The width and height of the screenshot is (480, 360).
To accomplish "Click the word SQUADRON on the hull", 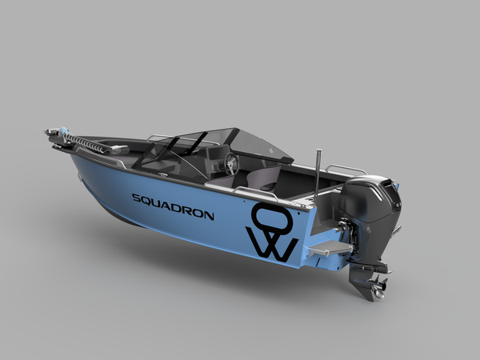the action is coord(173,206).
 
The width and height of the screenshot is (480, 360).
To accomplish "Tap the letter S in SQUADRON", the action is coord(136,198).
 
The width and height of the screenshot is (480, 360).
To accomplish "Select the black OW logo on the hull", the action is coord(272,233).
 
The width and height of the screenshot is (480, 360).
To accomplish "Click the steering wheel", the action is coord(231,164).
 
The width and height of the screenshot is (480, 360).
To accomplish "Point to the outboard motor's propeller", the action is coord(379,286).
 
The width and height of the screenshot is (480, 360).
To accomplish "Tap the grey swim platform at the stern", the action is coord(330,247).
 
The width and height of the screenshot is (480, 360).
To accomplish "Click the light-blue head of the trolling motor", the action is coord(64,131).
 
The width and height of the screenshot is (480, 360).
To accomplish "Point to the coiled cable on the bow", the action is coord(85,142).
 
